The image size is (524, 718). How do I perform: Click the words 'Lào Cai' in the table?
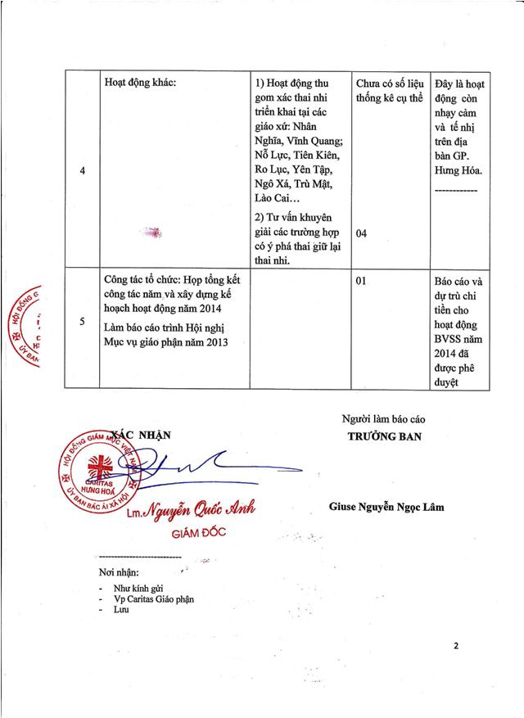(x=274, y=199)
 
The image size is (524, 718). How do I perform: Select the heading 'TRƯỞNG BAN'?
(x=384, y=436)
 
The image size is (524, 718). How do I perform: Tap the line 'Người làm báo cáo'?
(x=384, y=419)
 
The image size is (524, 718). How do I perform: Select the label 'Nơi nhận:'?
(x=119, y=571)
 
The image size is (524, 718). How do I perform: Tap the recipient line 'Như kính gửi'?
(x=140, y=586)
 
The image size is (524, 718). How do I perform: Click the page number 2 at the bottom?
(x=456, y=646)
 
